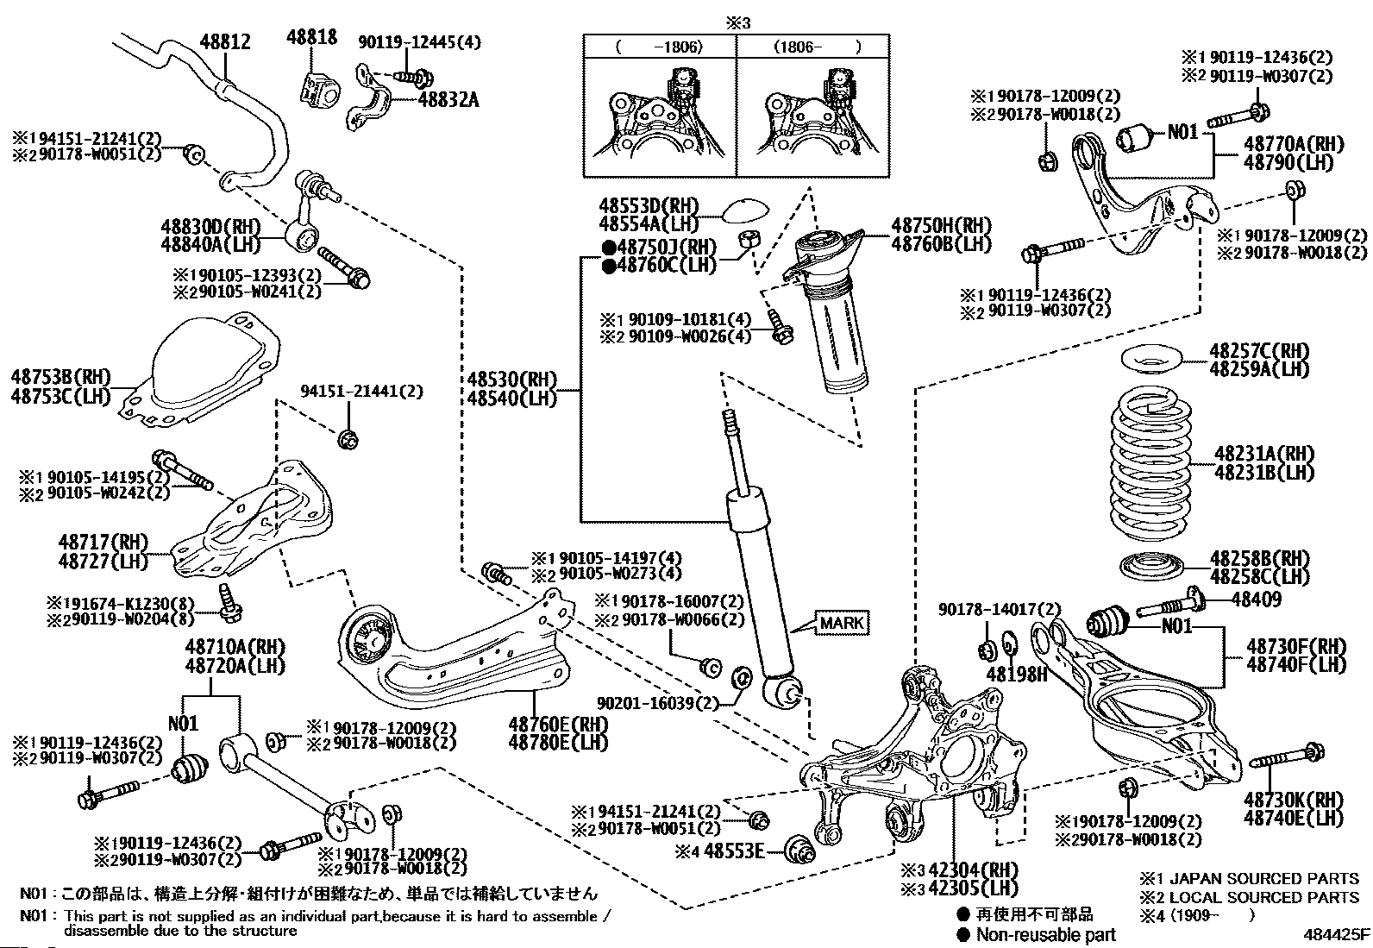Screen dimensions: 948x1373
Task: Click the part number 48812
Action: click(x=225, y=41)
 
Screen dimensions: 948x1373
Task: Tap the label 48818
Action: click(x=312, y=36)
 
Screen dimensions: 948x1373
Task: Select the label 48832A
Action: click(x=448, y=99)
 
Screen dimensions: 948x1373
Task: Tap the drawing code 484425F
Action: click(x=1336, y=934)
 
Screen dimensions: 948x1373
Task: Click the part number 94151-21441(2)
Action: click(x=362, y=391)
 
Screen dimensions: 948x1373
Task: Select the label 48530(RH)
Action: click(x=513, y=380)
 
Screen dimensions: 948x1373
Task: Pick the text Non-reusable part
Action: click(x=1045, y=934)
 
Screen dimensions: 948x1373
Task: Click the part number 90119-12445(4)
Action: click(x=420, y=41)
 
